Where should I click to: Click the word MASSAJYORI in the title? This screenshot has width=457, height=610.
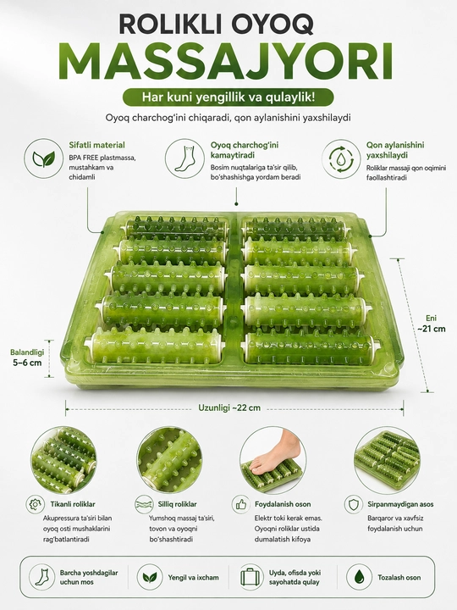228,62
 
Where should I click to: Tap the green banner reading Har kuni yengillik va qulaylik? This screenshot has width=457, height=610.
228,97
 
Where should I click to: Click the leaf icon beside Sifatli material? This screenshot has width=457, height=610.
43,158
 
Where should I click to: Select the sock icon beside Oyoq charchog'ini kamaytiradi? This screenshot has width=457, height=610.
184,158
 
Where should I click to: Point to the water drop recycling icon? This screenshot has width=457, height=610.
341,158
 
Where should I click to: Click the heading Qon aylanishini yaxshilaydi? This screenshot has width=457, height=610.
395,150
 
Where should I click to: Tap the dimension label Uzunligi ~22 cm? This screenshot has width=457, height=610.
229,408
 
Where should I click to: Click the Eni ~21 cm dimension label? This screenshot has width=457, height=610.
432,324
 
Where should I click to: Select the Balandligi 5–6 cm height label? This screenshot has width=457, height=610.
27,358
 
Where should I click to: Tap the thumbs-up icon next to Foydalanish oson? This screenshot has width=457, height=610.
241,504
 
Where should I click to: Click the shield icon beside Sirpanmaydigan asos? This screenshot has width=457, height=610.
353,504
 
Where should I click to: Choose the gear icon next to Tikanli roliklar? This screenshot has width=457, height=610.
35,504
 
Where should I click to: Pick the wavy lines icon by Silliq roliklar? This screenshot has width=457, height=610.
144,504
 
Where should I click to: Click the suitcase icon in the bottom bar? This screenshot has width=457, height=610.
252,577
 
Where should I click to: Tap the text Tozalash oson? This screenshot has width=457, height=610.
399,578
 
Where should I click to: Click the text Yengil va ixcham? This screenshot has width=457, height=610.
193,578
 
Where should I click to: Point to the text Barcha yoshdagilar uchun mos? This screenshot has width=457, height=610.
89,577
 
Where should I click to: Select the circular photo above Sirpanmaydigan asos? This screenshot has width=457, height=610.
388,460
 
